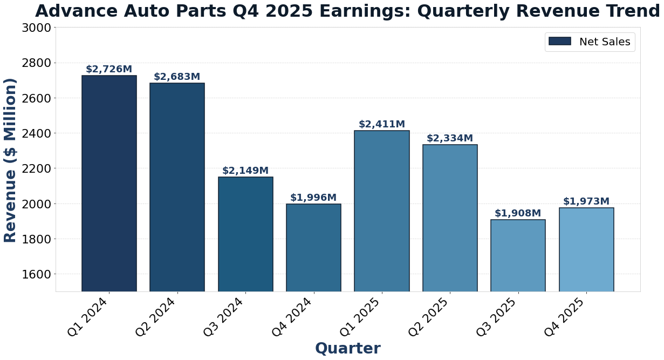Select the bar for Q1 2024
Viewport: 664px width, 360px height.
(x=109, y=184)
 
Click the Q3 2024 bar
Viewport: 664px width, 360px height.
(x=245, y=234)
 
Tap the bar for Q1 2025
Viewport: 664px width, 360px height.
(x=382, y=211)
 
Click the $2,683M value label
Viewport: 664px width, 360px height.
(x=177, y=77)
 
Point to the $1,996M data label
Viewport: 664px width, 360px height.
(x=313, y=198)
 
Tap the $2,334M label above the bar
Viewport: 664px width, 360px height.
(x=450, y=139)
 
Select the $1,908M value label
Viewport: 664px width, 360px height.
(x=518, y=214)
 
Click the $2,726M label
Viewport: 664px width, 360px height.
(x=109, y=70)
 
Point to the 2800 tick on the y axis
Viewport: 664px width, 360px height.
(x=36, y=63)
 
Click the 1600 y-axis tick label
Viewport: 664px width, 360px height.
(x=36, y=274)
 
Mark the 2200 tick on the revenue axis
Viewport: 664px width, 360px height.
(x=36, y=169)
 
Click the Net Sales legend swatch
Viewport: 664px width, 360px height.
(x=559, y=42)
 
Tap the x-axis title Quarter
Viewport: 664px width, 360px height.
(x=348, y=349)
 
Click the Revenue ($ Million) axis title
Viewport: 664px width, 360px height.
(x=11, y=160)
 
